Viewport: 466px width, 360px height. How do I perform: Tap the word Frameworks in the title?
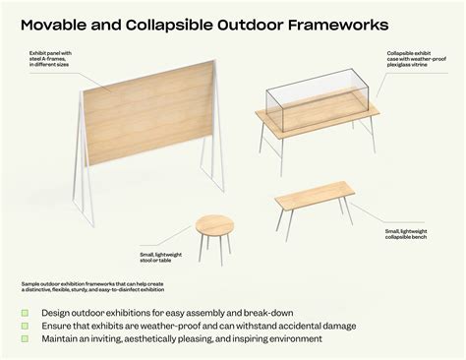pyautogui.click(x=331, y=22)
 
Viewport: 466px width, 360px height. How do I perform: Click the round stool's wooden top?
pyautogui.click(x=215, y=225)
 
